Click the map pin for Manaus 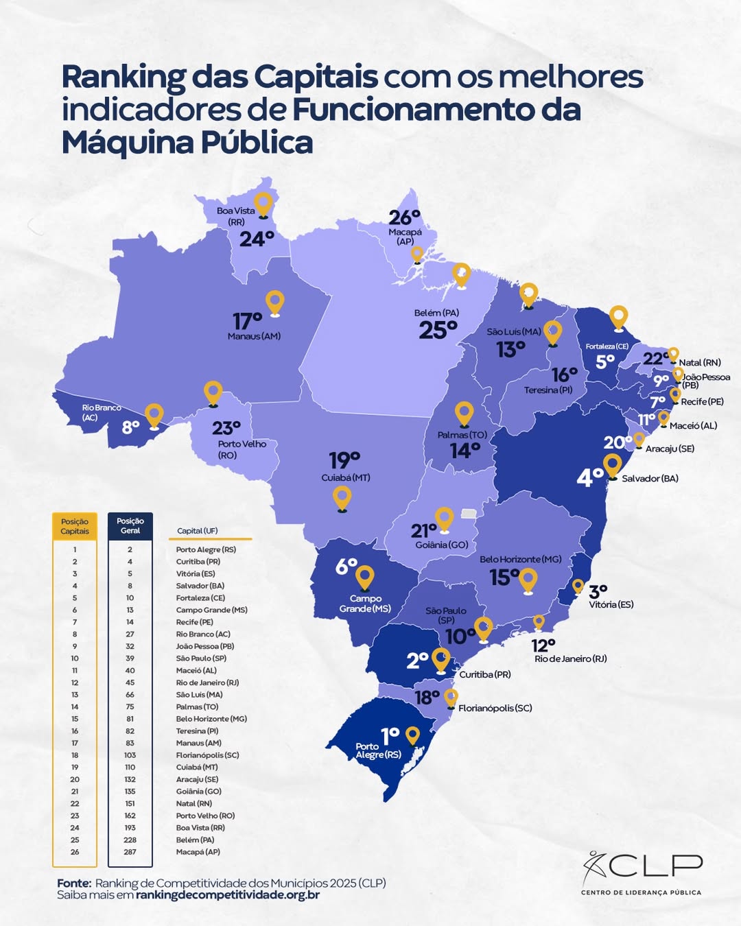click(274, 302)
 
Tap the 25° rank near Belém click(438, 330)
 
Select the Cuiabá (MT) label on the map click(346, 477)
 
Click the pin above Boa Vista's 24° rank click(263, 204)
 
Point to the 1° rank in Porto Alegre click(390, 736)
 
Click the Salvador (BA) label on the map click(650, 478)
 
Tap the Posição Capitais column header click(75, 526)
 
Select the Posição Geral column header click(130, 526)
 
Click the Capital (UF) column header click(197, 531)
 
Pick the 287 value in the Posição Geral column click(130, 852)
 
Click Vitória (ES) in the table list click(196, 573)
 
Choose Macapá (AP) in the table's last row click(198, 852)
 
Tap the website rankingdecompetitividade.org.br click(228, 895)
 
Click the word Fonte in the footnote click(73, 883)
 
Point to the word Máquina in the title click(127, 143)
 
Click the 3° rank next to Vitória click(598, 591)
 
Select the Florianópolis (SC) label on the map click(495, 708)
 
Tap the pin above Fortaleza click(619, 317)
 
